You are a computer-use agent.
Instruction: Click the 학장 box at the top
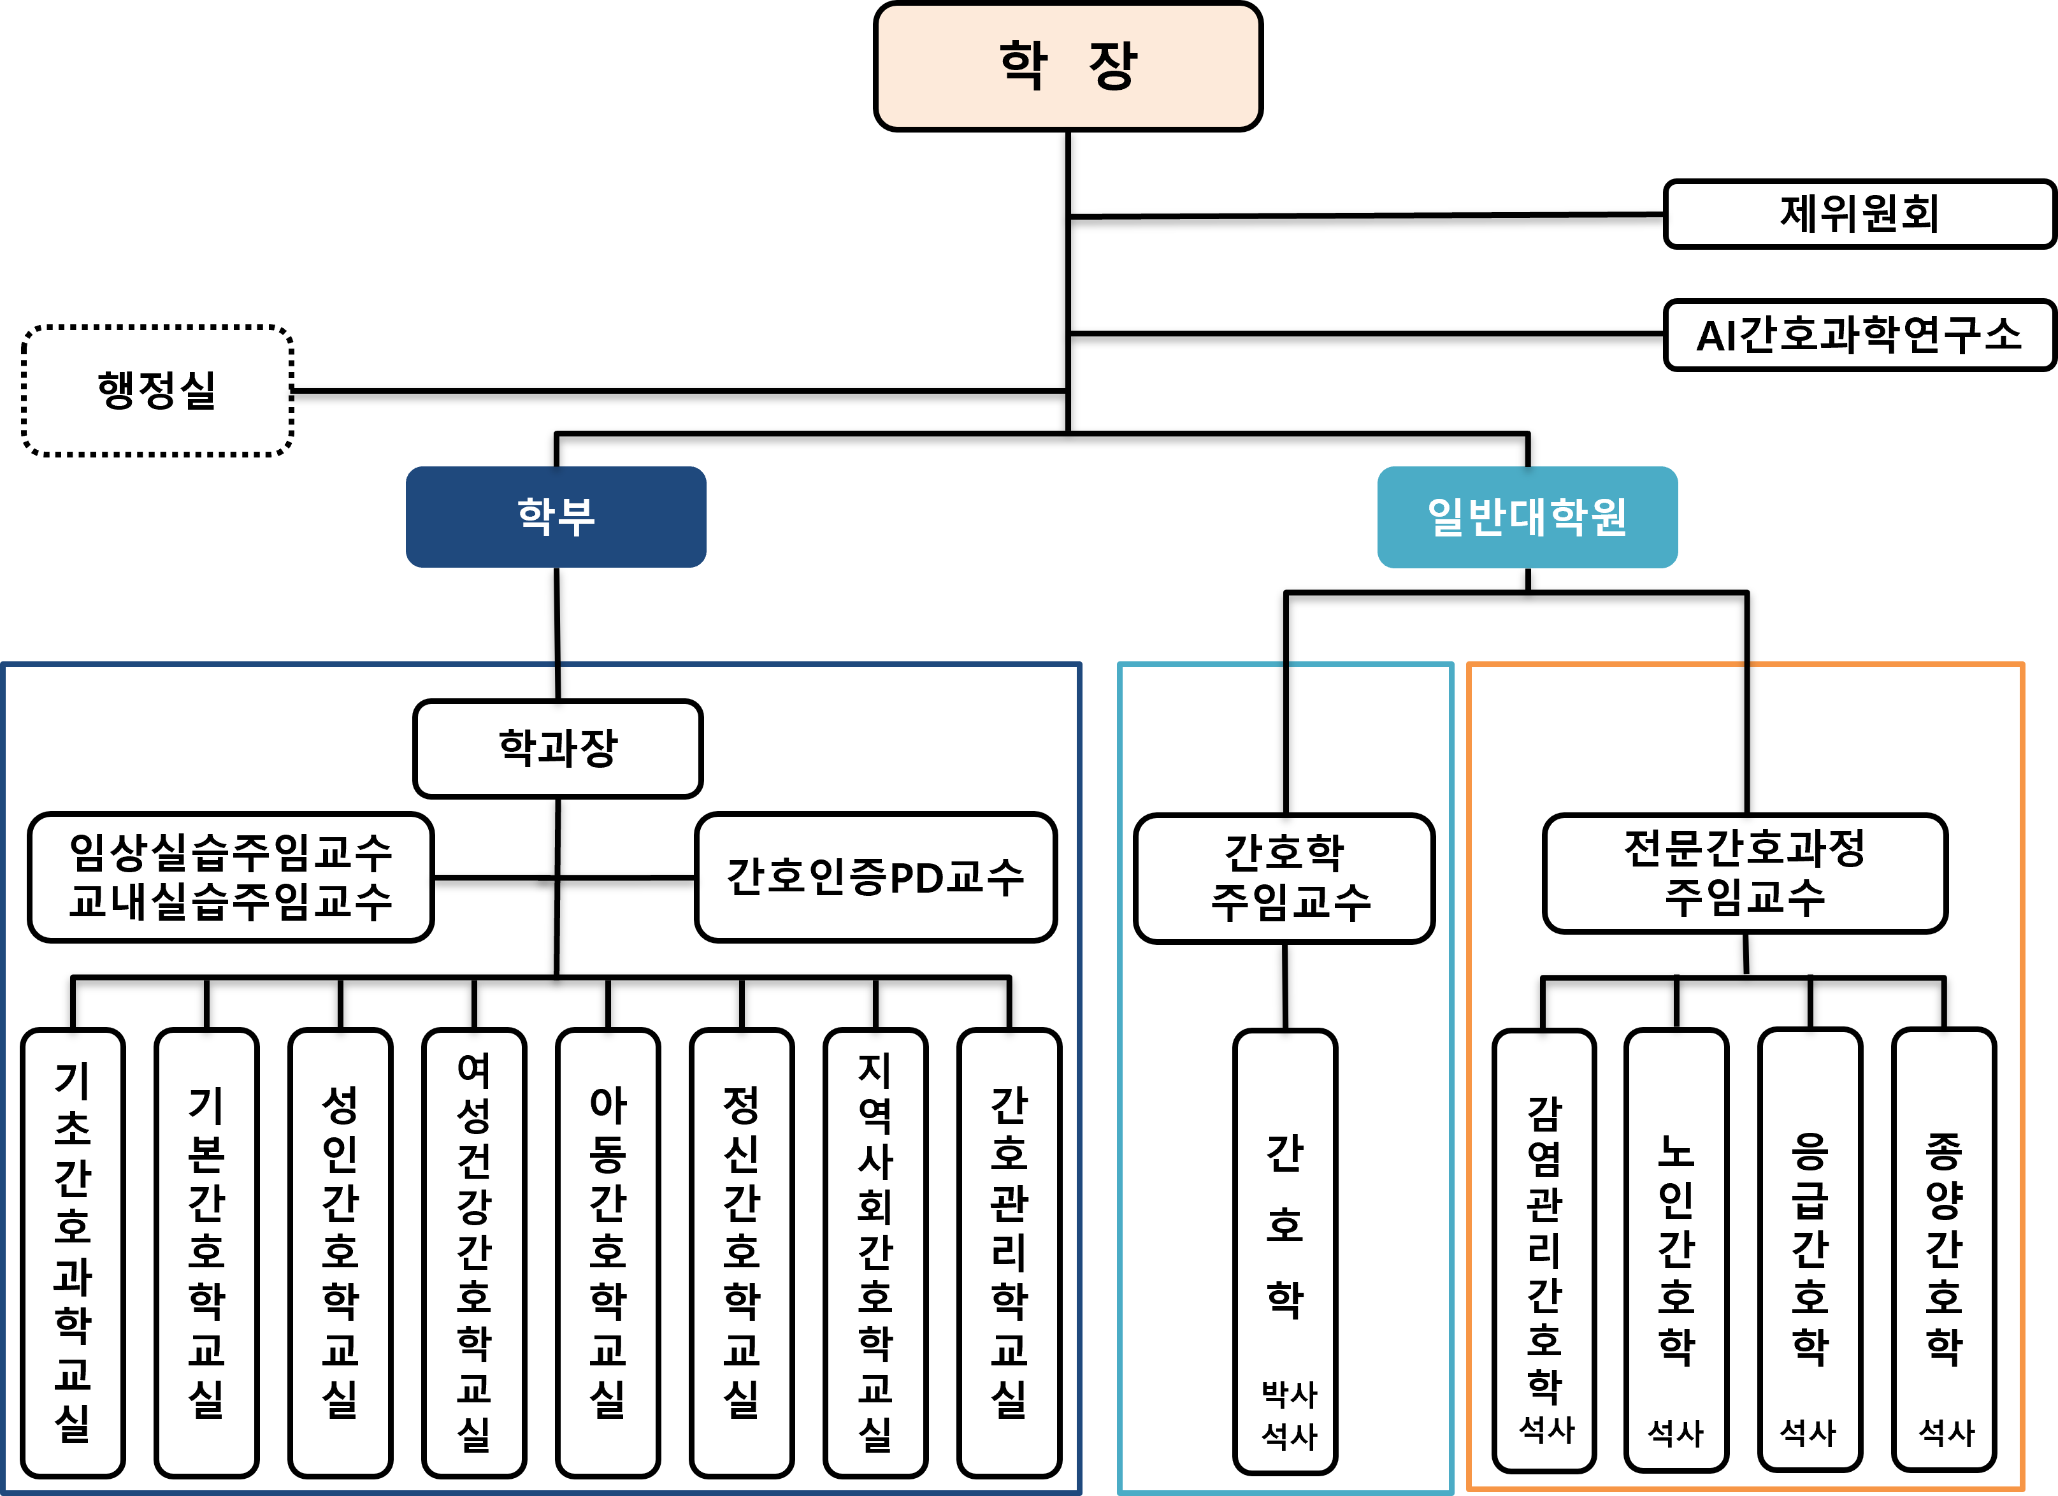click(x=1067, y=66)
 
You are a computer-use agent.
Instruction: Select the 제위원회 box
click(x=1859, y=214)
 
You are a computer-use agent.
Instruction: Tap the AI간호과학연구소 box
click(x=1859, y=334)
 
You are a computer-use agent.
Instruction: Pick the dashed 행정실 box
click(x=157, y=390)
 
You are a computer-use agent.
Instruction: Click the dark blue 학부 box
click(x=556, y=516)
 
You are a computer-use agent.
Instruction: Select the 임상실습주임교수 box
click(x=231, y=876)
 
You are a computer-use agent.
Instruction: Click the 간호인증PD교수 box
click(x=875, y=876)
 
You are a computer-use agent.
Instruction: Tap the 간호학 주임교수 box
click(x=1283, y=877)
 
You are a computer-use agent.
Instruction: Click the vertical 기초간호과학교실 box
click(x=73, y=1252)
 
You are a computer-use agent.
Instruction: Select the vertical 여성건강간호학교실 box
click(x=473, y=1252)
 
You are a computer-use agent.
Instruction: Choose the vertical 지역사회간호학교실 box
click(x=875, y=1252)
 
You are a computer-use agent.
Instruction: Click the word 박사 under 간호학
click(x=1288, y=1393)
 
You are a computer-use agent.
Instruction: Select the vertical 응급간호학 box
click(x=1810, y=1243)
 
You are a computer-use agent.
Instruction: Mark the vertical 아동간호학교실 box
click(x=607, y=1252)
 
